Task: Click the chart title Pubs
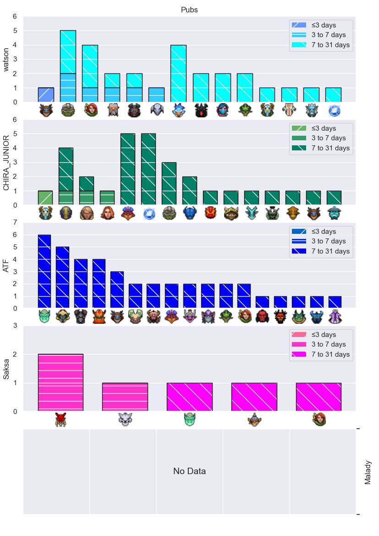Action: tap(189, 10)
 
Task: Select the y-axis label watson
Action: tap(6, 60)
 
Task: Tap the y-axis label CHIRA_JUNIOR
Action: tap(6, 163)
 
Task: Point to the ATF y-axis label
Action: tap(6, 265)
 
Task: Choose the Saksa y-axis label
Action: tap(6, 369)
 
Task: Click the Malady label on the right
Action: tap(368, 472)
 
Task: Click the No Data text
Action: tap(189, 471)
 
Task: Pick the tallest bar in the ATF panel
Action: tap(44, 271)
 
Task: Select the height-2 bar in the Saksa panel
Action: tap(60, 382)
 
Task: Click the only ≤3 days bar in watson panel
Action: tap(46, 95)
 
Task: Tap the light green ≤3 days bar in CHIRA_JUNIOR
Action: tap(45, 198)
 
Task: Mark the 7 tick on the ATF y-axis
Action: tap(15, 222)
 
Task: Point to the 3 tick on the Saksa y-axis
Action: tap(15, 326)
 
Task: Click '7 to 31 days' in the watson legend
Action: tap(330, 45)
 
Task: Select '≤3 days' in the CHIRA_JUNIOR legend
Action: tap(324, 128)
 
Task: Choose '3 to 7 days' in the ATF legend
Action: tap(329, 241)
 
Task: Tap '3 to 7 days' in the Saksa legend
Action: tap(329, 344)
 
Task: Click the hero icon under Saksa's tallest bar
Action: tap(60, 420)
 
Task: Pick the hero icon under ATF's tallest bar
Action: tap(44, 316)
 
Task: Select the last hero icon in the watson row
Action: tap(334, 111)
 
